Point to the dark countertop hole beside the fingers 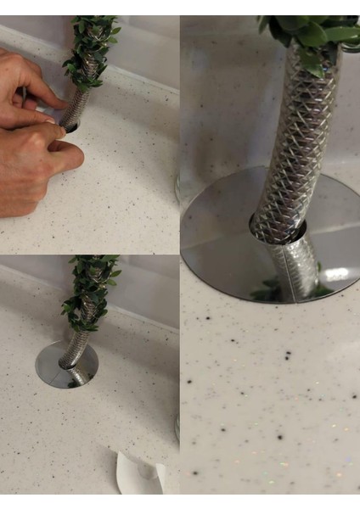click(70, 127)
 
